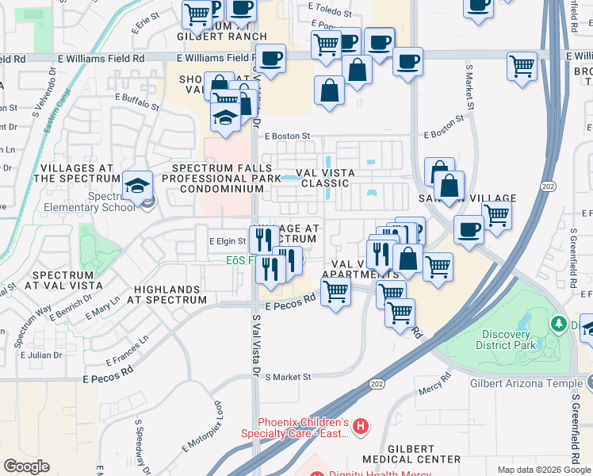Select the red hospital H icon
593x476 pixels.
[361, 427]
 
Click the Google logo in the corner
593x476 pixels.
[27, 466]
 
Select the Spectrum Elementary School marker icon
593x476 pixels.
[138, 186]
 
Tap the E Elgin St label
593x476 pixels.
[228, 240]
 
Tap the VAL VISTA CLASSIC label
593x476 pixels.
[323, 178]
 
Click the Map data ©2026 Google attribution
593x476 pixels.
[544, 470]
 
